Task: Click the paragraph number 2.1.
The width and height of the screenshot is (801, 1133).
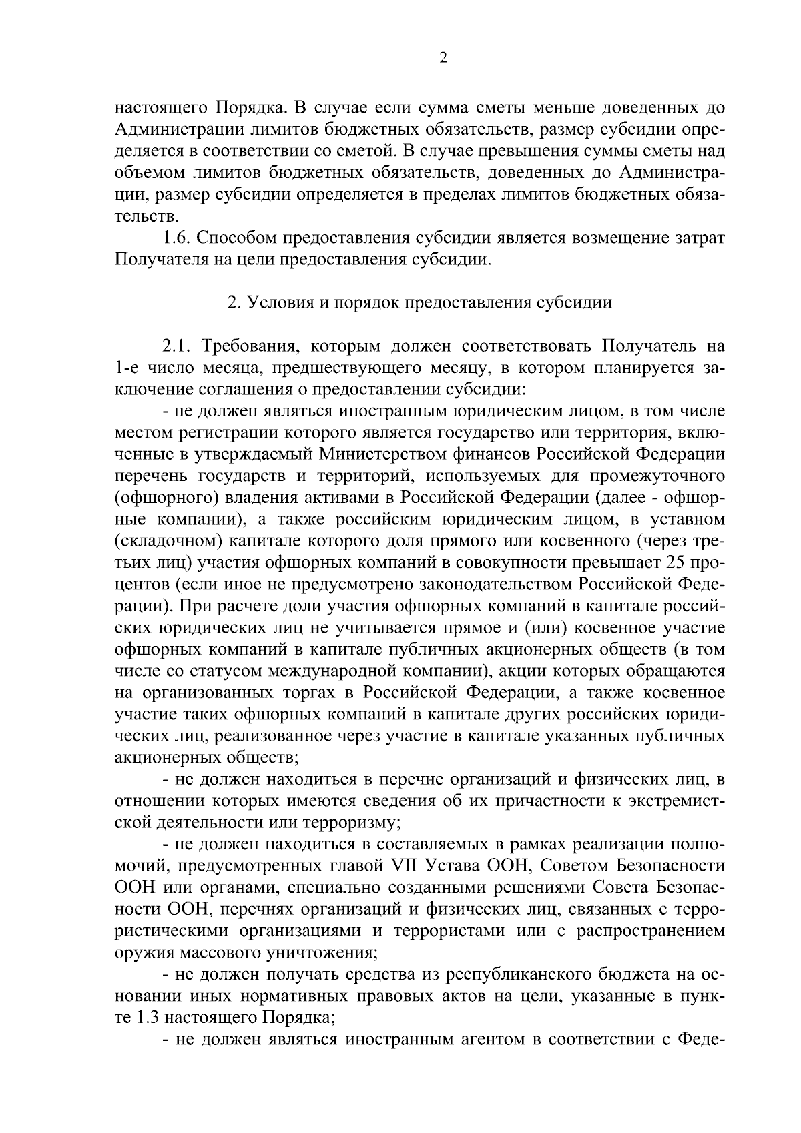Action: coord(178,346)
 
